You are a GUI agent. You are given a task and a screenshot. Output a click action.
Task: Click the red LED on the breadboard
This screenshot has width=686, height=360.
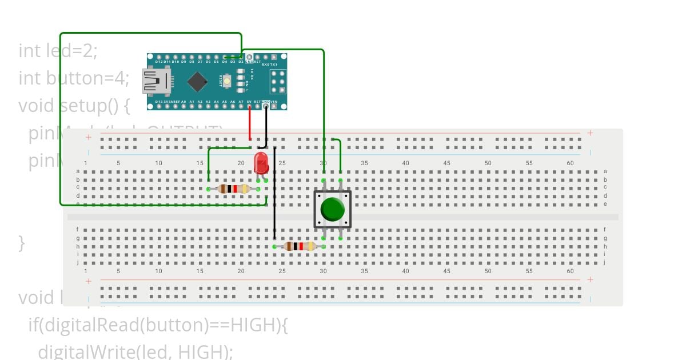pos(261,162)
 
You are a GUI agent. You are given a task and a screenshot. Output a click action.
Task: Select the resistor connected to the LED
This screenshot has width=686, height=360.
pos(234,189)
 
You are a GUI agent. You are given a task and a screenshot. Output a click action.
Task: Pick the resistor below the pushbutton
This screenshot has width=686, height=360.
pos(299,246)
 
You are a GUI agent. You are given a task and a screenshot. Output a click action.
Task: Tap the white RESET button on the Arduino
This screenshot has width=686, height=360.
pos(227,82)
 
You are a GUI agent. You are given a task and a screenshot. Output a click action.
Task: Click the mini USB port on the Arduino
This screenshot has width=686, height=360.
pos(157,82)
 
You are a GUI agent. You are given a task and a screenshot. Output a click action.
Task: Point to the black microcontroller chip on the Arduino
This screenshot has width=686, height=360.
pos(197,82)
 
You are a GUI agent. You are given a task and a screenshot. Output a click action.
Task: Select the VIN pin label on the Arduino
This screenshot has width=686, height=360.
pos(274,102)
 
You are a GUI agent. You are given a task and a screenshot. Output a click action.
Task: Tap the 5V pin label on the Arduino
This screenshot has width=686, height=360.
pos(249,102)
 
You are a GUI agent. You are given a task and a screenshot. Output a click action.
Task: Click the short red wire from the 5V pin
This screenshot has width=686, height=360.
pos(249,123)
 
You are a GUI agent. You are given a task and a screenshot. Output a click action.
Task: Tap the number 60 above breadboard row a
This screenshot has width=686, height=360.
pos(570,163)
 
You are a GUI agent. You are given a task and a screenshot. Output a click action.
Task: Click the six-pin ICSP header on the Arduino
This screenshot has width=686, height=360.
pos(278,82)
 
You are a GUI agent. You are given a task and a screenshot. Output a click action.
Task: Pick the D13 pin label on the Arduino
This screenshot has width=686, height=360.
pos(159,102)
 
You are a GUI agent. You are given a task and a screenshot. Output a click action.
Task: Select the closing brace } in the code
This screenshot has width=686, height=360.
pos(22,243)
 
